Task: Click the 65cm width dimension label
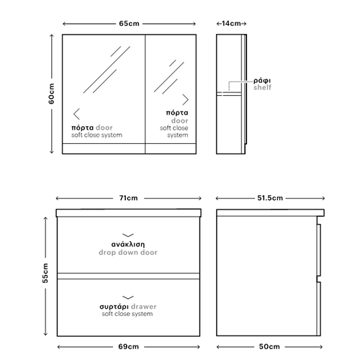point(129,24)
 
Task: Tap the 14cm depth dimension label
point(231,24)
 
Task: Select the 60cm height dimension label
point(51,94)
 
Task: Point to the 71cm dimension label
point(129,198)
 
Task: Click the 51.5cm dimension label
point(270,198)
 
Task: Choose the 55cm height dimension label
point(45,273)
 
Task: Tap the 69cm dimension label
point(128,346)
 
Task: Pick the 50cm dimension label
point(269,346)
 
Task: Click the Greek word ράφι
point(262,81)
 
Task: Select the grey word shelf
point(262,87)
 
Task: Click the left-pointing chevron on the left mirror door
point(76,114)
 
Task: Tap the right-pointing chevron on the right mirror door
point(185,99)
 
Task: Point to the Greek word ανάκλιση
point(128,245)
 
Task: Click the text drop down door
point(128,253)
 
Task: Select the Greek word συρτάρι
point(114,307)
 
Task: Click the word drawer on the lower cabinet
point(144,307)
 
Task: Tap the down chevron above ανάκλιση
point(128,235)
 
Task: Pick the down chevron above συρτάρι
point(128,297)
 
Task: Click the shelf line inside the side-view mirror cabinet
point(229,94)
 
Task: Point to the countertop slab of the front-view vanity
point(128,213)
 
